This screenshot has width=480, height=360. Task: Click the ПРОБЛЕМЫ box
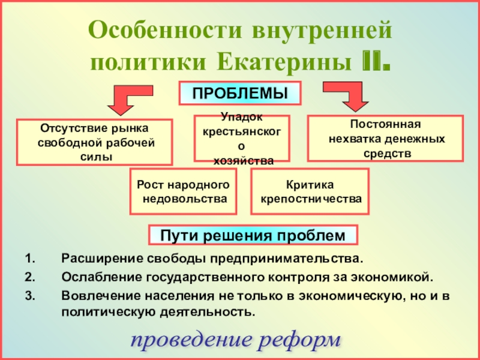point(240,94)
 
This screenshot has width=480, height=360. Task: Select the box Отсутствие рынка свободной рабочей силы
point(95,142)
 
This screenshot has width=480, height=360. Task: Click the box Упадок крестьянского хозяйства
point(242,138)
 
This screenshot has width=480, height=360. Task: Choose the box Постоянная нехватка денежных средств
point(386,139)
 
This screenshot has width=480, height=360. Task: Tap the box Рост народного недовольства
point(183,191)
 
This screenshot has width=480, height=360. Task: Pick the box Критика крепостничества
point(310,191)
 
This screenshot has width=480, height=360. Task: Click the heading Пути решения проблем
point(253,235)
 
